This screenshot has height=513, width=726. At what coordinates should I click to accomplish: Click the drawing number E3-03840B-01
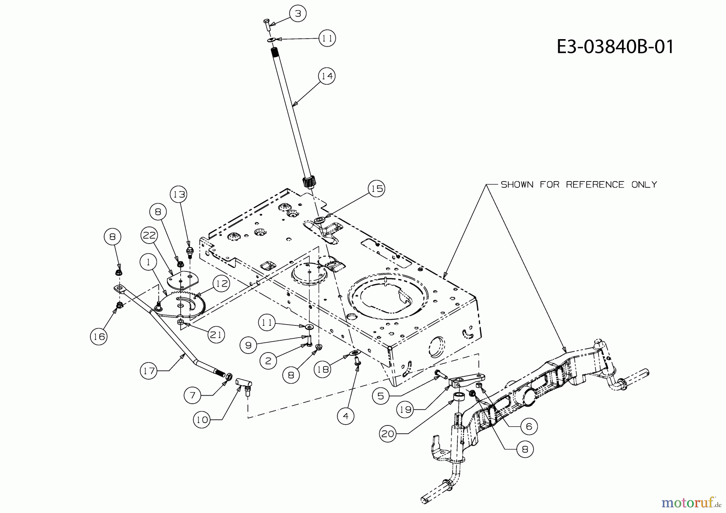pos(615,47)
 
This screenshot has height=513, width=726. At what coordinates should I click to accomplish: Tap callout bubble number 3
pos(298,14)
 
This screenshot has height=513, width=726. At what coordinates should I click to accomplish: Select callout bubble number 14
pos(327,76)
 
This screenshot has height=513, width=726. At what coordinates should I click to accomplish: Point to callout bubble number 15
pos(376,188)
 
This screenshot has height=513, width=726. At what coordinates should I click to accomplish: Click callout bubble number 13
pos(179,194)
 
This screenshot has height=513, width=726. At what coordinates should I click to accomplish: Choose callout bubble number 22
pos(149,235)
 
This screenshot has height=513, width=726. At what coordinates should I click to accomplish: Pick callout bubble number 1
pos(149,262)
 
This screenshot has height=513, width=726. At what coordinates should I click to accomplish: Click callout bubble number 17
pos(149,370)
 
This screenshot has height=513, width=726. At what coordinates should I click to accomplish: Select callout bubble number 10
pos(202,419)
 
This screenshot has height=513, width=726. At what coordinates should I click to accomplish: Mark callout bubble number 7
pos(192,396)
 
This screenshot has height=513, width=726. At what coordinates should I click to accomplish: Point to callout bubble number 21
pos(216,335)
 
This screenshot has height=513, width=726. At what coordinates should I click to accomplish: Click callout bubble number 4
pos(346,415)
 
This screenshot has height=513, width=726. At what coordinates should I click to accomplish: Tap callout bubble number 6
pos(529,426)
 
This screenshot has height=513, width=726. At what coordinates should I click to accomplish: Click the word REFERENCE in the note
pos(595,185)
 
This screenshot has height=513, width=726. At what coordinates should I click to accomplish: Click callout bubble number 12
pos(221,284)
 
